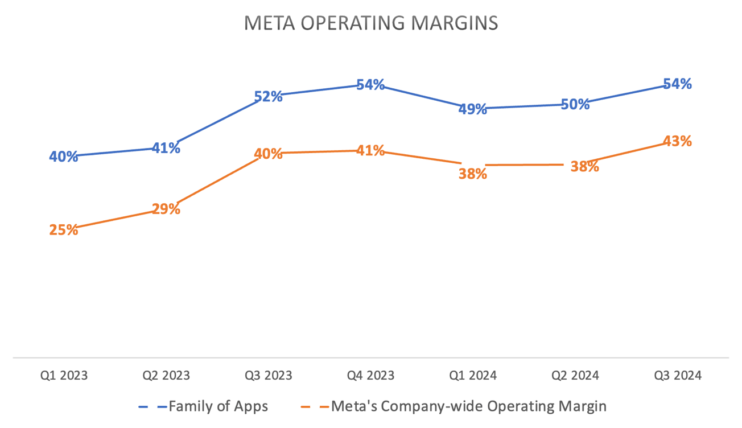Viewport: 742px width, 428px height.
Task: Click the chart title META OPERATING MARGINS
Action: click(370, 23)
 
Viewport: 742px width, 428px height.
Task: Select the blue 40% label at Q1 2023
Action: click(64, 157)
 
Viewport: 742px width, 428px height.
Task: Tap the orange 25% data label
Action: click(64, 230)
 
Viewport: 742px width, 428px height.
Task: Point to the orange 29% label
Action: click(166, 209)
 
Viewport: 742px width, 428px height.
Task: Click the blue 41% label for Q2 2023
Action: click(166, 148)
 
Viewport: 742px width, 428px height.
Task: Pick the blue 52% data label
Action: click(268, 97)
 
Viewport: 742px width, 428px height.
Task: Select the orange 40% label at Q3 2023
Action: click(268, 154)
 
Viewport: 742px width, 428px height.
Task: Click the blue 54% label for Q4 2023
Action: click(370, 85)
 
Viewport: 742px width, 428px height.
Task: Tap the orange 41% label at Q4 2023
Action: click(370, 151)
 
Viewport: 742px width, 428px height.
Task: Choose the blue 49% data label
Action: click(473, 109)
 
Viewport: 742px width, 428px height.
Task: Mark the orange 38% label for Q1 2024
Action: click(473, 174)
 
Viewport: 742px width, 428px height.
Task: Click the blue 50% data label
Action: click(575, 104)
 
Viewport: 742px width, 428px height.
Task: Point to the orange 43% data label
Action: click(678, 141)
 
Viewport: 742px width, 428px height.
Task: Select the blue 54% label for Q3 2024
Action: click(678, 84)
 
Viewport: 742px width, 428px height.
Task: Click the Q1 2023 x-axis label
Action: click(64, 376)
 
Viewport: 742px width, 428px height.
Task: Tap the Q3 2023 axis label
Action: click(268, 376)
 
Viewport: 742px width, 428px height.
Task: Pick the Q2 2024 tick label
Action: click(575, 376)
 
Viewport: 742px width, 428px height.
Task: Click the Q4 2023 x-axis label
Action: click(370, 376)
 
